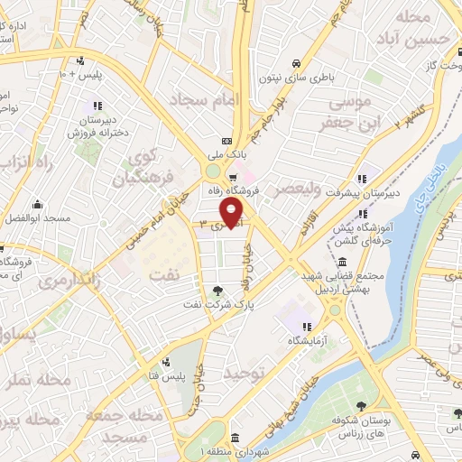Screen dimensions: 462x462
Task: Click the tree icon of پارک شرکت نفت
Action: (x=218, y=290)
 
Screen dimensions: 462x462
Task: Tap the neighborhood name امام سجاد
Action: (x=200, y=97)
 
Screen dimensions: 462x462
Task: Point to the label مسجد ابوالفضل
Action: (x=38, y=219)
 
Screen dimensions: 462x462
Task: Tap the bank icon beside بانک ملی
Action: (x=226, y=141)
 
